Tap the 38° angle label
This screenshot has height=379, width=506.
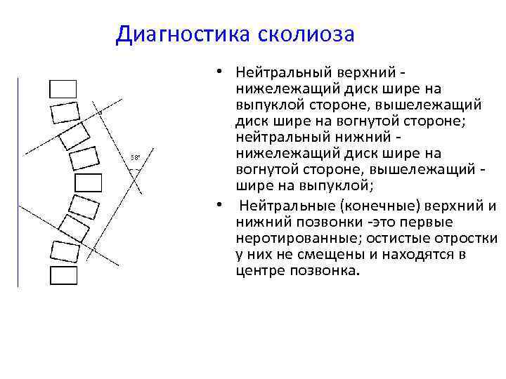click(135, 158)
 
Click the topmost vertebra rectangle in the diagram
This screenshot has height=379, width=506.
click(63, 89)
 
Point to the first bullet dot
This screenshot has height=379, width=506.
click(220, 71)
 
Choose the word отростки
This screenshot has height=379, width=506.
click(468, 239)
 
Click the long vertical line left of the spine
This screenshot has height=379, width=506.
click(18, 182)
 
